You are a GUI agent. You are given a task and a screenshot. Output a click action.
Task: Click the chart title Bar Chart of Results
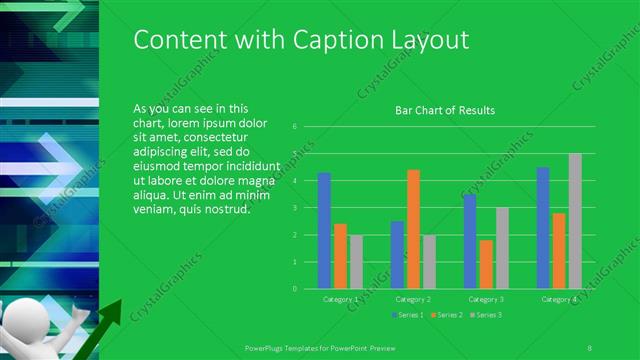click(x=445, y=110)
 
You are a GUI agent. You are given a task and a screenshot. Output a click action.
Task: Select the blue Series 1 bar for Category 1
click(x=324, y=230)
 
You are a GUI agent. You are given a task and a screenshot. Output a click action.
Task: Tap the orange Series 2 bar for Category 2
click(x=413, y=229)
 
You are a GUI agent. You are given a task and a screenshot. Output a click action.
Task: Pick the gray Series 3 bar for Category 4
click(x=575, y=221)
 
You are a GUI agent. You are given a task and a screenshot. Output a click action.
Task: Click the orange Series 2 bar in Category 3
click(x=486, y=264)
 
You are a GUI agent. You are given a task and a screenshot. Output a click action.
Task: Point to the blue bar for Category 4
click(x=543, y=227)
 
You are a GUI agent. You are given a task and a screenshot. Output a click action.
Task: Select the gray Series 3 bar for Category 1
click(x=356, y=261)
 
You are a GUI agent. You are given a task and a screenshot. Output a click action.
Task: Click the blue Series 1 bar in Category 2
click(x=397, y=254)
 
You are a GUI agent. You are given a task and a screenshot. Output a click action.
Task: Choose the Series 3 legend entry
click(x=485, y=315)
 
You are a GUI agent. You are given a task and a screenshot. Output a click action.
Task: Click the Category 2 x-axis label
click(x=413, y=298)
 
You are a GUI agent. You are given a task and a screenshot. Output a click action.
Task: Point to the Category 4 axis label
click(x=559, y=298)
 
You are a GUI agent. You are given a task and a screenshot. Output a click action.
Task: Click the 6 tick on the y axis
click(x=295, y=127)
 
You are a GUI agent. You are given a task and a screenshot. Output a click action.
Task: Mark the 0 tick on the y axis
click(x=295, y=288)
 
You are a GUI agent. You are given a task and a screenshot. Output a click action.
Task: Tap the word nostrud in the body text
click(x=226, y=210)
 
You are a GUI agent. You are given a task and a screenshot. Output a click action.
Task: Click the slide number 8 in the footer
click(x=590, y=346)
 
